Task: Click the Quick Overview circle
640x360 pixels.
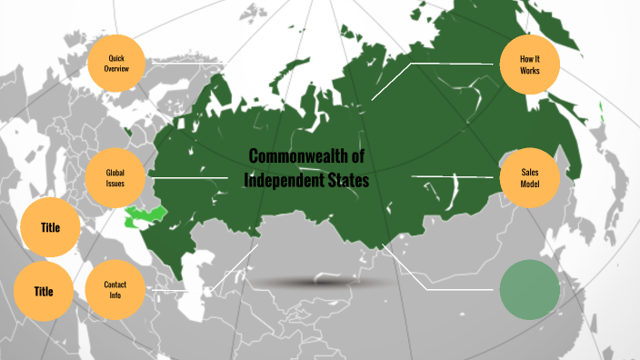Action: point(115,63)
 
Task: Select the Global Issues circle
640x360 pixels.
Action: point(115,177)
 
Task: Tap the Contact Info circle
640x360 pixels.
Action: point(115,290)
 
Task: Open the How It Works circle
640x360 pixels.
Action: point(530,65)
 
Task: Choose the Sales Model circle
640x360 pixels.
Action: point(530,177)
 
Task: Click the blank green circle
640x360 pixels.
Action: point(529,290)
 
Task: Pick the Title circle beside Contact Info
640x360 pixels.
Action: point(44,292)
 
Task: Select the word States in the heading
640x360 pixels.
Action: point(346,180)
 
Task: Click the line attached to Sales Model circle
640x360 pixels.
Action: point(455,176)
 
